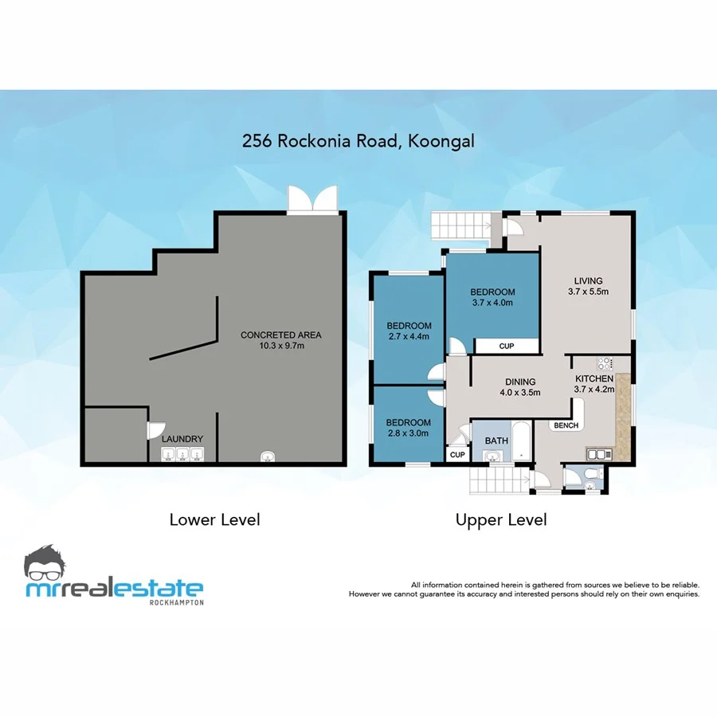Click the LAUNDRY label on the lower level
(182, 439)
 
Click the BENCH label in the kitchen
(566, 425)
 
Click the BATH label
(496, 440)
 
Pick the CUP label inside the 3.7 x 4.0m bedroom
(506, 347)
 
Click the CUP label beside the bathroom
(457, 455)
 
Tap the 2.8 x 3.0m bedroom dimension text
(409, 433)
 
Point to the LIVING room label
(588, 280)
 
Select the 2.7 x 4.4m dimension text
(409, 336)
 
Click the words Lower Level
(214, 519)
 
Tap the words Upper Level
(501, 519)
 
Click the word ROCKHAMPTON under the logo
(176, 602)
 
